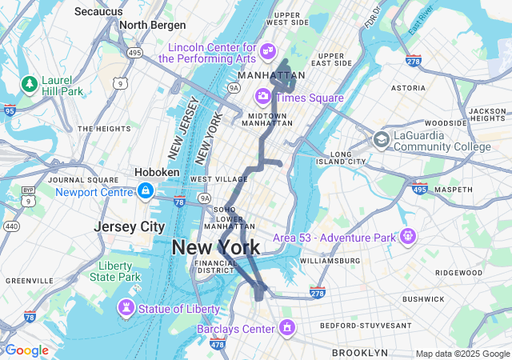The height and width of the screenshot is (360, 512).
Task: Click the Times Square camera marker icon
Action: pos(262,97)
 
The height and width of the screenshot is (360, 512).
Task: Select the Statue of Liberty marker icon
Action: pos(126,308)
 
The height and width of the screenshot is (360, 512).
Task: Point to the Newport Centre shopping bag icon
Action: pos(146,191)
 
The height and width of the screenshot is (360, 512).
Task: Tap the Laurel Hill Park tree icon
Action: pos(30,83)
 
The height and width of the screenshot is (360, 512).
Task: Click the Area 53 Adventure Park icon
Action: pos(409,237)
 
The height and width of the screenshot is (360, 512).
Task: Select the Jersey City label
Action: pos(129,226)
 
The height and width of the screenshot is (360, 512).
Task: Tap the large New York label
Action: pos(216,247)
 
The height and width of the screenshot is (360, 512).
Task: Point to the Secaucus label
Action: pos(98,11)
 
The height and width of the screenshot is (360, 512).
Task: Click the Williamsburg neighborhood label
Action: pos(330,261)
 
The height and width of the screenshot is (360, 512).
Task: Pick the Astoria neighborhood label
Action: pos(408,88)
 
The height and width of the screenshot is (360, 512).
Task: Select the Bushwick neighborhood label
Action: pos(423,299)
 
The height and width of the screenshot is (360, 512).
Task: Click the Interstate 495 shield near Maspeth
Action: pos(418,188)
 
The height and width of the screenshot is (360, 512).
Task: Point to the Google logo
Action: pos(26,350)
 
